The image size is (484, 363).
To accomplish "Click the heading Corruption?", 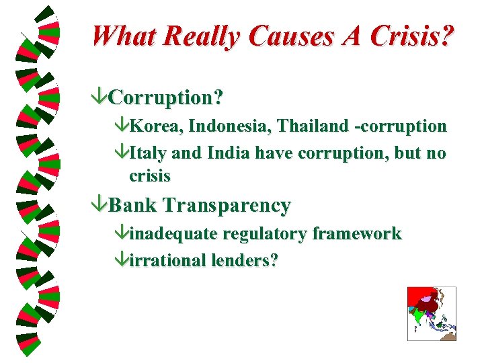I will pyautogui.click(x=165, y=98).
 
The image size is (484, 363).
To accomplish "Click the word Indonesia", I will pyautogui.click(x=215, y=126).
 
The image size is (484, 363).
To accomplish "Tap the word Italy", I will pyautogui.click(x=149, y=153).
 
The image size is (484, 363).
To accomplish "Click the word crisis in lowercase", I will pyautogui.click(x=150, y=177).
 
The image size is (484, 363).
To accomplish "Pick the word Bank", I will pyautogui.click(x=132, y=206).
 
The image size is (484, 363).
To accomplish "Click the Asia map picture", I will pyautogui.click(x=432, y=313).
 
